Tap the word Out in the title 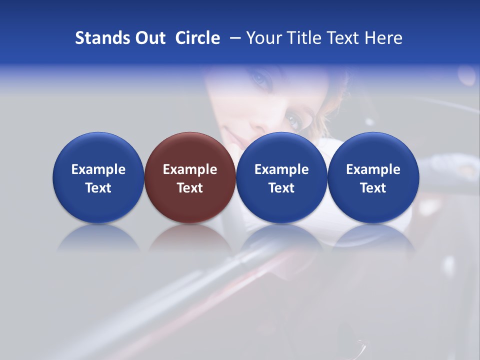tap(149, 38)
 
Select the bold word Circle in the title tap(197, 38)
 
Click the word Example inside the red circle tap(190, 169)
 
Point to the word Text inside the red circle tap(190, 188)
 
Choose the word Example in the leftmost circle tap(98, 169)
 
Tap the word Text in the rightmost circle tap(373, 188)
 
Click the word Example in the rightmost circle tap(373, 169)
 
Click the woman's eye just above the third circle tap(293, 119)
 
